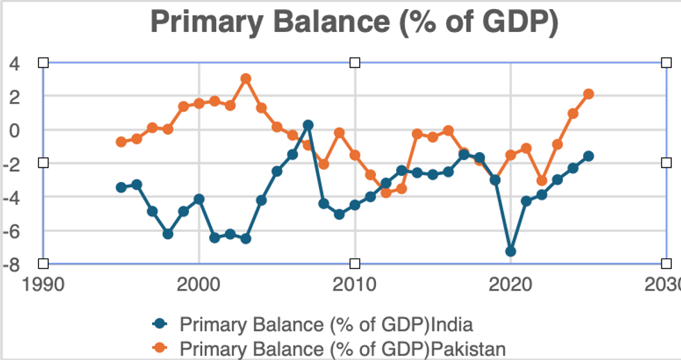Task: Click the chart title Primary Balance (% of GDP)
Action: click(354, 22)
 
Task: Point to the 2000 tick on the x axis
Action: click(199, 286)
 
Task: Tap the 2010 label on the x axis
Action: click(354, 286)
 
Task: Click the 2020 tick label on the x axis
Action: click(511, 286)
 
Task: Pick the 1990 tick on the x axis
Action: click(43, 286)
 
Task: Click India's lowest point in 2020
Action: click(511, 251)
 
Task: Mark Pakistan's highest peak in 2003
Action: click(246, 79)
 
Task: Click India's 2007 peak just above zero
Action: click(308, 125)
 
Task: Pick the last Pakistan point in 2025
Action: click(589, 94)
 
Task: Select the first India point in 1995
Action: click(121, 187)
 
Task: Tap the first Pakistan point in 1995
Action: click(121, 142)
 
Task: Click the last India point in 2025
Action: click(589, 156)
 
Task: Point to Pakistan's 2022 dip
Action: click(542, 181)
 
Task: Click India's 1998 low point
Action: click(167, 234)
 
